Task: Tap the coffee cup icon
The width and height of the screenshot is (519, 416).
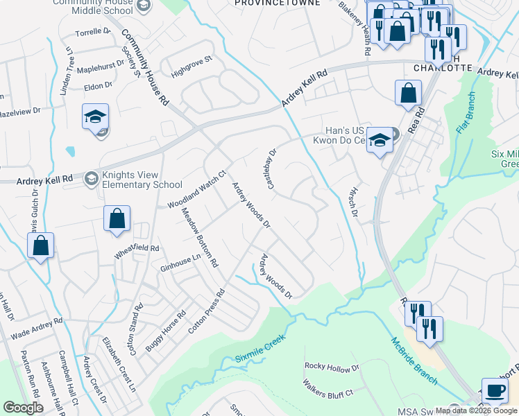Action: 494,390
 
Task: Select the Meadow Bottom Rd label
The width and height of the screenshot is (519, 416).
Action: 199,238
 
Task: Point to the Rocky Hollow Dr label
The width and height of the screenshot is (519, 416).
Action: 332,367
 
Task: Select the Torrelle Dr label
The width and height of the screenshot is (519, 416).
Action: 92,33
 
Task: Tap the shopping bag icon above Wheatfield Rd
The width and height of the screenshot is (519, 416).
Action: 117,218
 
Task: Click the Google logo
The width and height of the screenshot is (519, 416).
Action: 23,408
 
